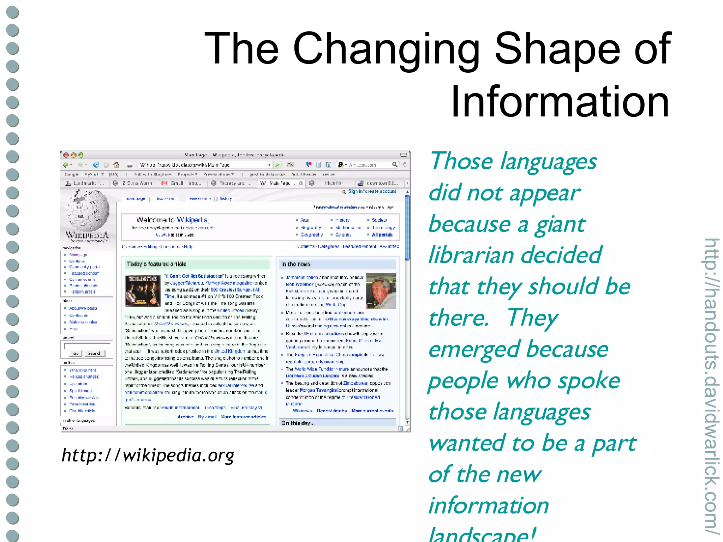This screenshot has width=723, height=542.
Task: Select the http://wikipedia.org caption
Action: (x=148, y=455)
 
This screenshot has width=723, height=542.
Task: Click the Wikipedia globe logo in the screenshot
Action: (x=88, y=210)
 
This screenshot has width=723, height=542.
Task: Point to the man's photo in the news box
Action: (x=381, y=291)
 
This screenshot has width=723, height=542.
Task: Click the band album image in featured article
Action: (x=143, y=290)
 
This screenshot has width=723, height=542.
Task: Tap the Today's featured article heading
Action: (x=156, y=264)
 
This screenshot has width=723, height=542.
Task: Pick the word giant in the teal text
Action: (x=560, y=225)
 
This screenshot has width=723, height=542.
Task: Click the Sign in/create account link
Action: (x=372, y=191)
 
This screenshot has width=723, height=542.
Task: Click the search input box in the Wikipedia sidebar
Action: (x=87, y=346)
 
